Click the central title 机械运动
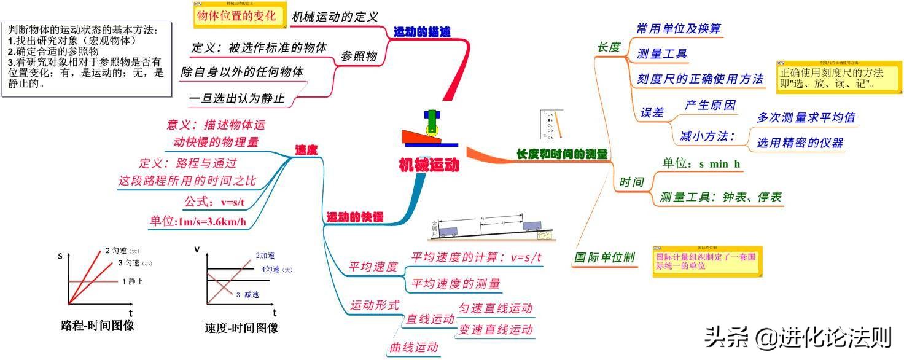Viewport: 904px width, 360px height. tap(428, 165)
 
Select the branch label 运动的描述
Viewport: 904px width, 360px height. tap(422, 32)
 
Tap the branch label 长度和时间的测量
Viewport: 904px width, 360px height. tap(561, 154)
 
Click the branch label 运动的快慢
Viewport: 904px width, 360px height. tap(354, 217)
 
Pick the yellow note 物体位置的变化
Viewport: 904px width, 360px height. tap(235, 17)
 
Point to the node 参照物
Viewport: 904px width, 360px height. tap(359, 57)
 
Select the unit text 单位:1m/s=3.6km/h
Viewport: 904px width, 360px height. tap(198, 222)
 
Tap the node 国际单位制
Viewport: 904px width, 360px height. tap(604, 257)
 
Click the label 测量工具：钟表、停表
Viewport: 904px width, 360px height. tap(720, 197)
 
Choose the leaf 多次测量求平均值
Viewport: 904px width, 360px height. tap(806, 117)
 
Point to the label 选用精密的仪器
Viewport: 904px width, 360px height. tap(800, 143)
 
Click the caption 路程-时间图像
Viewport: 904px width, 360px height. tap(98, 326)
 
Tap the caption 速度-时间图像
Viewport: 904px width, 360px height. tap(241, 327)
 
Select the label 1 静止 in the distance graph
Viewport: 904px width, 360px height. tap(132, 281)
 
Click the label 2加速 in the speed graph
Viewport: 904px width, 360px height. tap(265, 256)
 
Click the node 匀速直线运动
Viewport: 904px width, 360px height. tap(496, 308)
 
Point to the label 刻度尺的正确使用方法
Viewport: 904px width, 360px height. tap(700, 79)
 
